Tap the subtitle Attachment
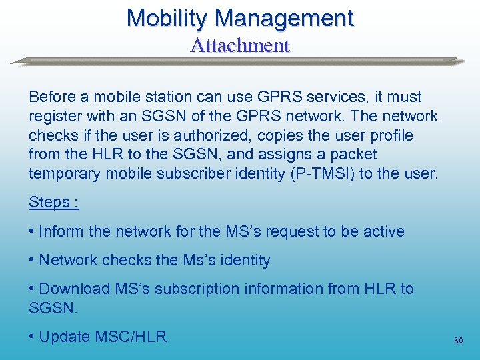tap(239, 45)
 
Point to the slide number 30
tap(458, 340)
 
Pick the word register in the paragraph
tap(53, 117)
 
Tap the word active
tap(382, 231)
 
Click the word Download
tap(74, 289)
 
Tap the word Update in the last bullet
tap(63, 337)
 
